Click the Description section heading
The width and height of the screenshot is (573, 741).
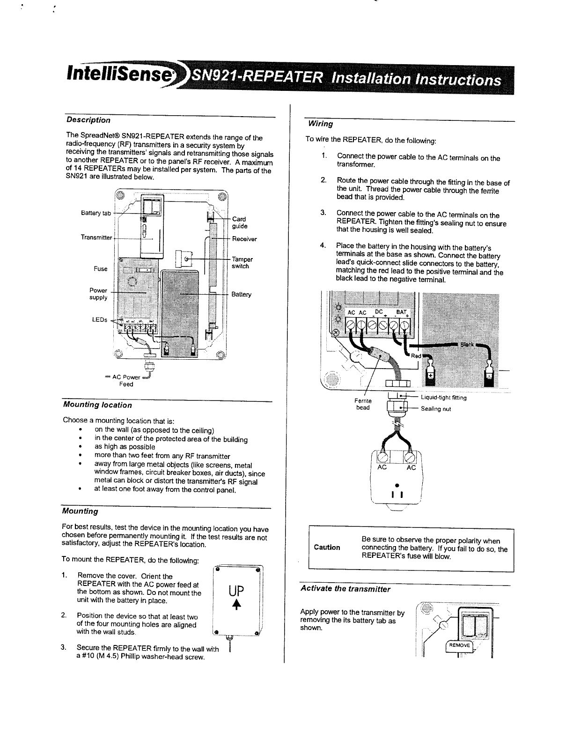coord(88,120)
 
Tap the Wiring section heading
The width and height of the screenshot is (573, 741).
coord(320,124)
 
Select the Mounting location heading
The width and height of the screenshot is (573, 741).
coord(97,405)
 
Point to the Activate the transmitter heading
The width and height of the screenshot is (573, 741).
coord(345,589)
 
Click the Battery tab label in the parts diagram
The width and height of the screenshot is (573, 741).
coord(96,214)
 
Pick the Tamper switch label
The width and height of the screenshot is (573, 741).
coord(242,263)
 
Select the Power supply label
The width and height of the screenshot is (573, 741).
coord(98,294)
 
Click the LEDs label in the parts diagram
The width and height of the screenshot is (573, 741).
coord(99,320)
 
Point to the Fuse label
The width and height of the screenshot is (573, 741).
coord(101,269)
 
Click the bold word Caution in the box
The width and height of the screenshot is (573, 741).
coord(327,548)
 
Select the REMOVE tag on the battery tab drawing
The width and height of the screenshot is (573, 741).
coord(460,645)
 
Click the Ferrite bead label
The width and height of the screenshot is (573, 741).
coord(363,404)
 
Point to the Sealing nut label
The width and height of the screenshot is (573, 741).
coord(436,409)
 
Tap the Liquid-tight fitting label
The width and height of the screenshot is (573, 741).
coord(444,398)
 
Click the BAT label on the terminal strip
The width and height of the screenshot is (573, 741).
coord(401,312)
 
